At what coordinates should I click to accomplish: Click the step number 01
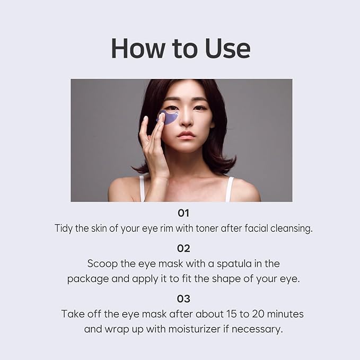click(183, 213)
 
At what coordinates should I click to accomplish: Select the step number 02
click(183, 248)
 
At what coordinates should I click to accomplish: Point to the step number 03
click(183, 298)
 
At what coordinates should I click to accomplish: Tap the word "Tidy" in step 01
click(64, 229)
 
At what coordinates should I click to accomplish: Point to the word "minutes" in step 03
click(282, 313)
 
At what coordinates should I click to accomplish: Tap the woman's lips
click(186, 135)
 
